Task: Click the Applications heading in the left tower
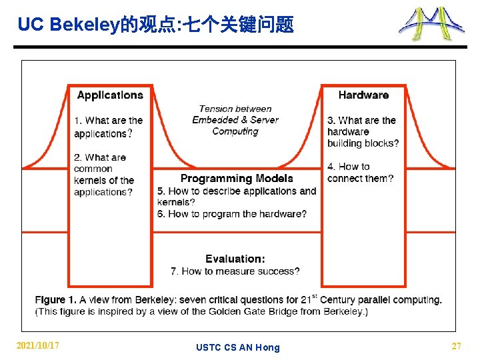tap(110, 95)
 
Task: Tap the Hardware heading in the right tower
tap(363, 95)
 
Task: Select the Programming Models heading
tap(237, 179)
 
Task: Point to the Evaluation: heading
tap(235, 259)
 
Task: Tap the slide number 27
tap(456, 346)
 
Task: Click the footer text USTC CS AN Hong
tap(238, 347)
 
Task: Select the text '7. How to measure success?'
tap(235, 271)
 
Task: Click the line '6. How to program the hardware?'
tap(232, 214)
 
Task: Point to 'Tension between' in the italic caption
tap(235, 109)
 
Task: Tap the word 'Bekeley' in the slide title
tap(85, 25)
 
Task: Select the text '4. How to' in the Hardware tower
tap(348, 167)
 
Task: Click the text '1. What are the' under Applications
tap(109, 121)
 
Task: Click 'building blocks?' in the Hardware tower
tap(363, 143)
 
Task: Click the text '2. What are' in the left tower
tap(100, 157)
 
